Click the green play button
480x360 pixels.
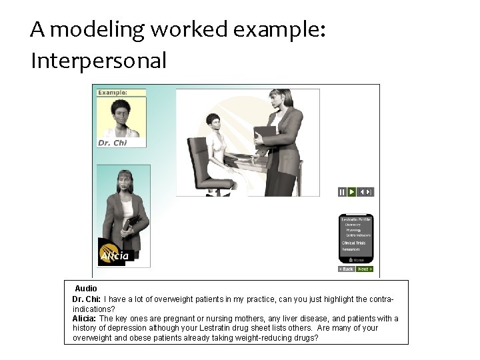click(351, 192)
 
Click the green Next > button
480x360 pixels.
click(365, 269)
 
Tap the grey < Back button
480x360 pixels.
click(347, 269)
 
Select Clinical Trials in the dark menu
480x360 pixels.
click(354, 243)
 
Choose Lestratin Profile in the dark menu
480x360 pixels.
click(356, 219)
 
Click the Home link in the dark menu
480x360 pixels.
click(358, 260)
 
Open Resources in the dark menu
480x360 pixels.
click(351, 249)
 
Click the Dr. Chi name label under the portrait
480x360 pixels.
click(112, 142)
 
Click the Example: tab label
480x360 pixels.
click(113, 93)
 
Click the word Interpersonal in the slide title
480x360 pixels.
click(98, 61)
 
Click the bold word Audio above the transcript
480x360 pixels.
click(86, 289)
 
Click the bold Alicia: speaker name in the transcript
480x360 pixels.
click(85, 319)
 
